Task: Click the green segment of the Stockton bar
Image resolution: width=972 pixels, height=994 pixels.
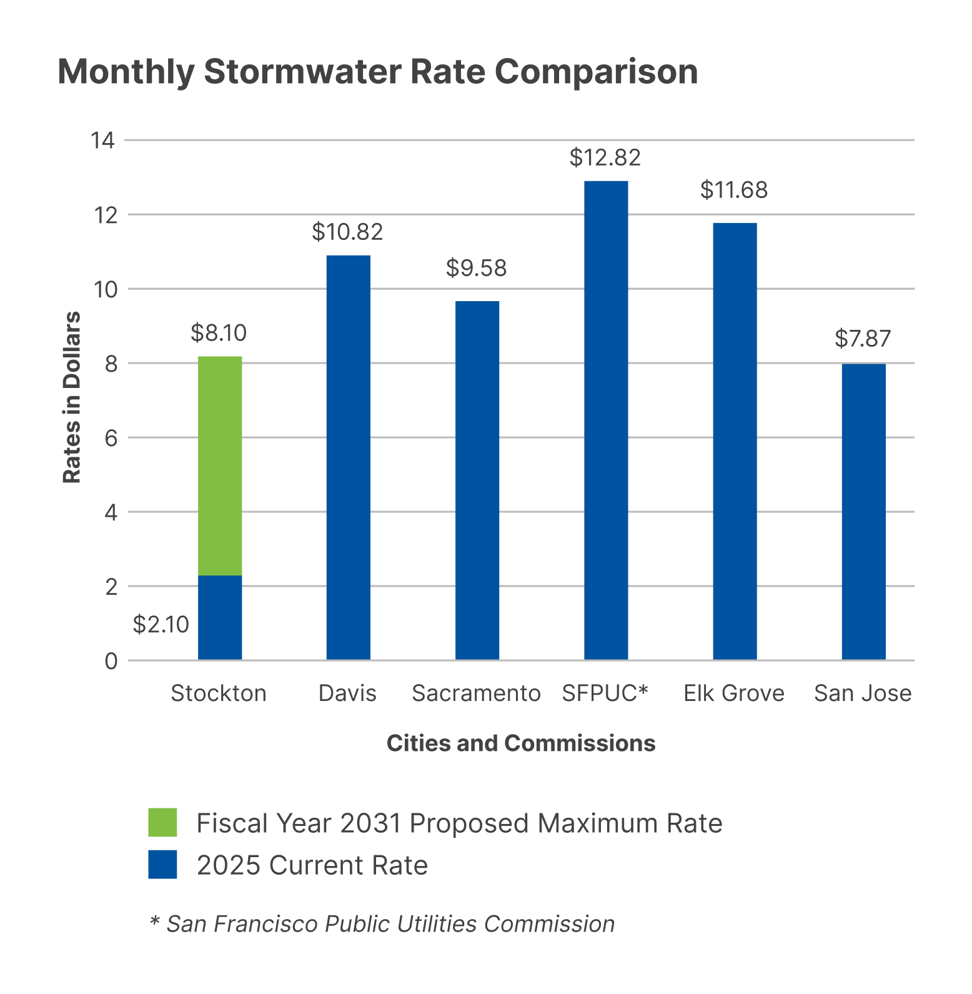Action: [x=220, y=465]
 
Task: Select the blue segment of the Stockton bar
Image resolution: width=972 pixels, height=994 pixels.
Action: [x=220, y=617]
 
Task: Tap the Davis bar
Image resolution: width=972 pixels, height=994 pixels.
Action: [x=349, y=457]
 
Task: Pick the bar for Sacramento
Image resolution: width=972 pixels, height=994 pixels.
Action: [x=477, y=480]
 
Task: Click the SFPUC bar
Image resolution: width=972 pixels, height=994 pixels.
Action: [x=606, y=420]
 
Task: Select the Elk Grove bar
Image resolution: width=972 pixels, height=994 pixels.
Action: [x=735, y=441]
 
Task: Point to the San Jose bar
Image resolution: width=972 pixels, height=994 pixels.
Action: [x=863, y=511]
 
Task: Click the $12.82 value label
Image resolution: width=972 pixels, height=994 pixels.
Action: [x=605, y=157]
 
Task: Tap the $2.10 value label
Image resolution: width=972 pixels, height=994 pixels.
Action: [x=161, y=624]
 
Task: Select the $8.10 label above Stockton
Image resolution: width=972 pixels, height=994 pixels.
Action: [x=219, y=333]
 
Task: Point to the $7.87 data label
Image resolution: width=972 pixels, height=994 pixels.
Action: [x=863, y=339]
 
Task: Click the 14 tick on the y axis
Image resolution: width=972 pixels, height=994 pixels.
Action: [x=103, y=141]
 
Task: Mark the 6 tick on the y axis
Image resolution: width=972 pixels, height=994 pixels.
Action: [x=111, y=438]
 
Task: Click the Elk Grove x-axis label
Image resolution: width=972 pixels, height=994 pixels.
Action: [x=734, y=693]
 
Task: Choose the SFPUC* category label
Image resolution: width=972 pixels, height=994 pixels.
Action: [x=605, y=693]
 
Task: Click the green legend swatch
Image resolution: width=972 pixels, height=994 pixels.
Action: [x=162, y=822]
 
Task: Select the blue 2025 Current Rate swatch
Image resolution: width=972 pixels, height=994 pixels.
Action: [x=162, y=864]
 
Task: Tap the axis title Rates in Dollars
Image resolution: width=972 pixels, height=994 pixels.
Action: [x=72, y=397]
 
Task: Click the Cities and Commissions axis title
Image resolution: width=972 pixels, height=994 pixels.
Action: [x=521, y=743]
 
